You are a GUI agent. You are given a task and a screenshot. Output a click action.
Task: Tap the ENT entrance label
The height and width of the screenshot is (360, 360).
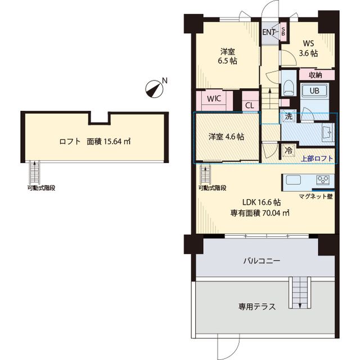(269, 31)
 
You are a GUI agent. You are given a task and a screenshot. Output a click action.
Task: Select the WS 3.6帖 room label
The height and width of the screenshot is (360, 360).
(309, 48)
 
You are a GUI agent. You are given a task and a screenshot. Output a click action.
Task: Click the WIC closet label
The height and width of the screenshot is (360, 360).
(214, 98)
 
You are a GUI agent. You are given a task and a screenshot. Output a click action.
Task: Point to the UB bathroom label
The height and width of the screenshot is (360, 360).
(315, 91)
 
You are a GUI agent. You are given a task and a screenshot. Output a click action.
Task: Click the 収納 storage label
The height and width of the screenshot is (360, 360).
(314, 75)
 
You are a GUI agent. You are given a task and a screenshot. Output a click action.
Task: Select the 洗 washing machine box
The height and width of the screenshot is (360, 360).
(288, 117)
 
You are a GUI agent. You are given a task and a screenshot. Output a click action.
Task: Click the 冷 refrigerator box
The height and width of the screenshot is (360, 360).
(288, 150)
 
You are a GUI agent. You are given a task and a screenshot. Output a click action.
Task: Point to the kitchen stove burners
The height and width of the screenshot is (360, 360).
(323, 181)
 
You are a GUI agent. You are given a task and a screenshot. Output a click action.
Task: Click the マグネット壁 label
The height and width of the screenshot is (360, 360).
(316, 196)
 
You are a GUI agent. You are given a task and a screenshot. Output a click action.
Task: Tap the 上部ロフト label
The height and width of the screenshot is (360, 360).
(317, 158)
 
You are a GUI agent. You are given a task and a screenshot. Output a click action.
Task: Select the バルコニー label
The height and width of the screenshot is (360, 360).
(262, 261)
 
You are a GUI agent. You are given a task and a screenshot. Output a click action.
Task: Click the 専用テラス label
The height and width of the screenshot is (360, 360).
(257, 307)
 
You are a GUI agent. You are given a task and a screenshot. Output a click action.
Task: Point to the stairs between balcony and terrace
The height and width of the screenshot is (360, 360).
(300, 292)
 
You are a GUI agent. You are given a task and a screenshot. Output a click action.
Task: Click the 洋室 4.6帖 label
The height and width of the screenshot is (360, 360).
(226, 137)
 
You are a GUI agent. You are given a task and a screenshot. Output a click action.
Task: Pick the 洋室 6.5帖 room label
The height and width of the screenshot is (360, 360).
(228, 56)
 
